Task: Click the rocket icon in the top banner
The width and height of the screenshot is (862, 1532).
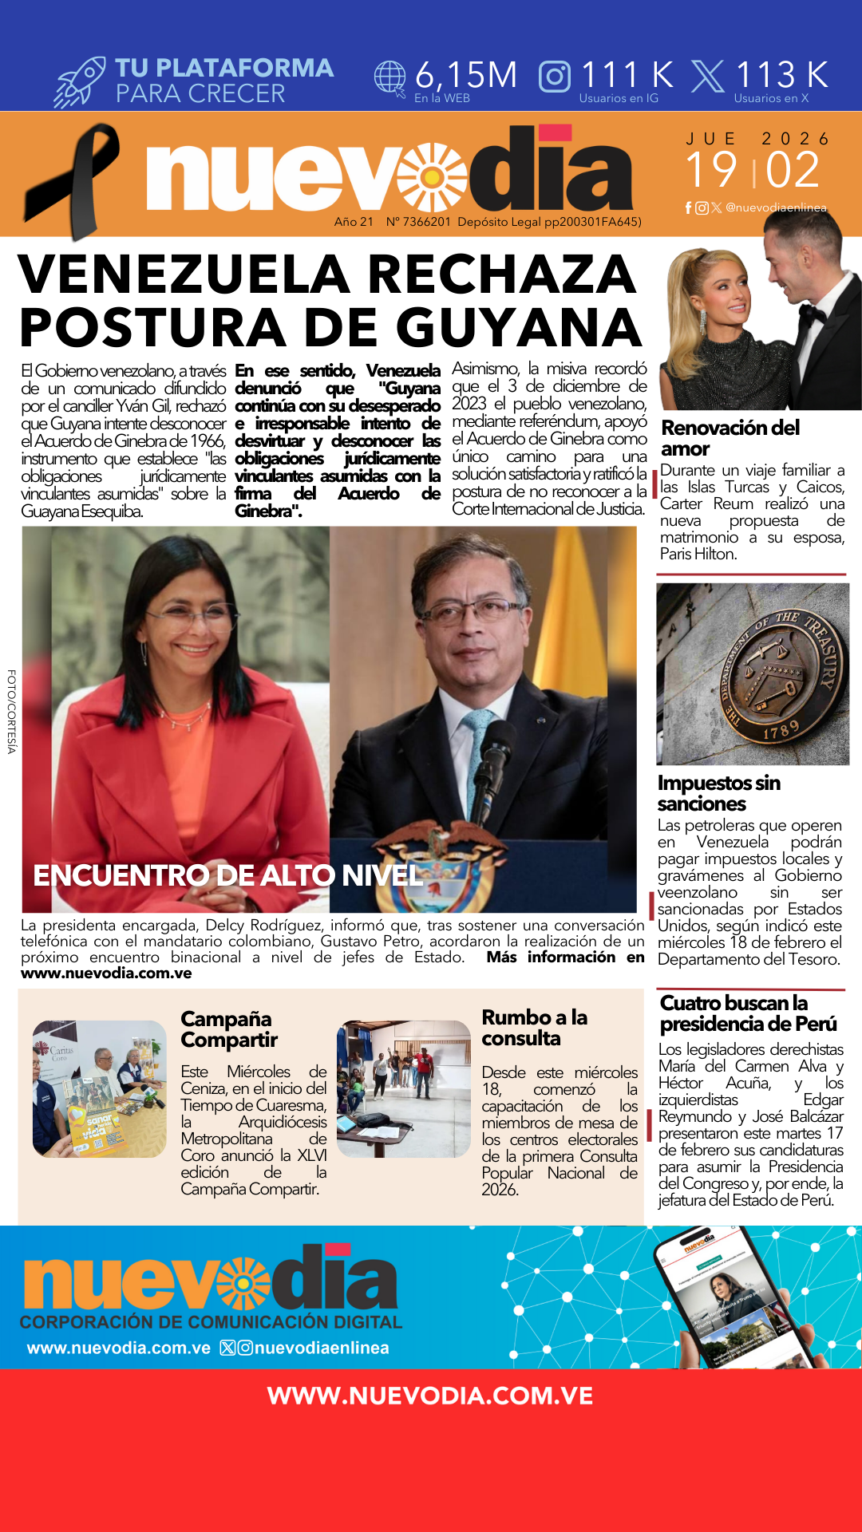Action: coord(80,81)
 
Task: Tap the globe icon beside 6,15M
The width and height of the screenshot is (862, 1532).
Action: coord(390,77)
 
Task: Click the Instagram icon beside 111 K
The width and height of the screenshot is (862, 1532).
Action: coord(555,77)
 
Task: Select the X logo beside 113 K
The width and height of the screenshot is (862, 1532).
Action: coord(707,77)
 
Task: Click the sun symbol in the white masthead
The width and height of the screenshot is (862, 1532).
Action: coord(432,177)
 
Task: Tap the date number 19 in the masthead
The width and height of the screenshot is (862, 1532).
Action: coord(710,170)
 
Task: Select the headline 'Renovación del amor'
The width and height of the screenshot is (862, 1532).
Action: coord(730,438)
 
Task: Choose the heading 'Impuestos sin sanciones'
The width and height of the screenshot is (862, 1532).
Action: coord(718,793)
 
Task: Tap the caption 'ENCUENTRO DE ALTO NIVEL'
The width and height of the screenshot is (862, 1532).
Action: coord(227,875)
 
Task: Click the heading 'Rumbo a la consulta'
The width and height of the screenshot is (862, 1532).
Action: coord(534,1028)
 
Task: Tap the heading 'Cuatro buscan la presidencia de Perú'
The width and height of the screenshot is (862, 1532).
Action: coord(748,1013)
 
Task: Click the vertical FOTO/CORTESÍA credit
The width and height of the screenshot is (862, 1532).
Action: coord(11,711)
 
